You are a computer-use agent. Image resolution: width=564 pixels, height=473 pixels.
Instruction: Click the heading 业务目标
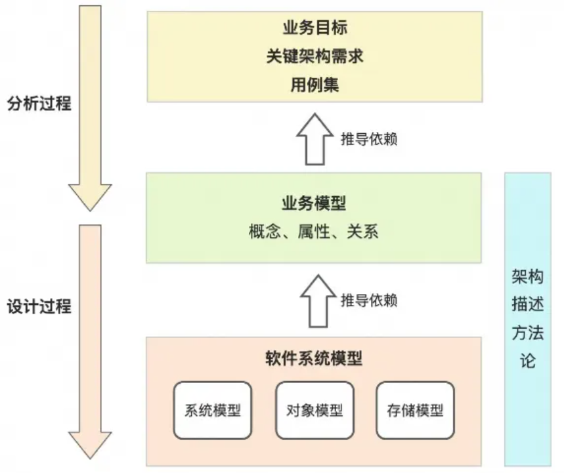tap(315, 28)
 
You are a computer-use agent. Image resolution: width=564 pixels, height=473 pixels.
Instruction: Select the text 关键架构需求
tap(315, 56)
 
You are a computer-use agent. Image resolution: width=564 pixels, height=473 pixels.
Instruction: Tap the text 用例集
tap(315, 85)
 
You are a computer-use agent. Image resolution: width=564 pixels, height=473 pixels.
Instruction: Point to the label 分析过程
tap(39, 104)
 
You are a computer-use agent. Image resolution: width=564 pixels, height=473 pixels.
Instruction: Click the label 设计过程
tap(39, 306)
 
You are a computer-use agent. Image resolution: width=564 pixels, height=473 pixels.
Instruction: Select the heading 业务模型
tap(314, 203)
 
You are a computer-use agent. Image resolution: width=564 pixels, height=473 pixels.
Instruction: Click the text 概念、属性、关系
tap(314, 231)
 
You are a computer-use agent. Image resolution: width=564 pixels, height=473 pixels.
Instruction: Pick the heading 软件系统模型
tap(314, 358)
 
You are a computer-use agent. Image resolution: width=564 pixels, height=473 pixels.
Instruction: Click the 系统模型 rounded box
tap(213, 411)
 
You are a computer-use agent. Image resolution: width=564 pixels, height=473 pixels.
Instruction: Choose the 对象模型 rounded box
tap(315, 411)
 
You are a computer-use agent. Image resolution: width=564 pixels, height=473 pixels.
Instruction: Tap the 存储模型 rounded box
tap(416, 411)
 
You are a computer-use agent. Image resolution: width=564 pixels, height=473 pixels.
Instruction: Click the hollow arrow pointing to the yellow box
tap(315, 140)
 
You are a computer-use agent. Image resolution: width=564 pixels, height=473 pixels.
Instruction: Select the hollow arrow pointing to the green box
tap(318, 301)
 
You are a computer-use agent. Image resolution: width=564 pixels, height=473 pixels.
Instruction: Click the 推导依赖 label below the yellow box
tap(369, 139)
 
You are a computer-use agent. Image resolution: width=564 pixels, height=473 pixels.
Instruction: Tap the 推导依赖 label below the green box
tap(369, 300)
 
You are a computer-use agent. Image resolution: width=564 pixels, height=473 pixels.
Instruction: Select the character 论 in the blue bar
tap(528, 361)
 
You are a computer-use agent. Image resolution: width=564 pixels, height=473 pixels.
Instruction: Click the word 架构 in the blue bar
tap(528, 277)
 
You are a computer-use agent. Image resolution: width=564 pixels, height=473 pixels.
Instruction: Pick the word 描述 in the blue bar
tap(528, 305)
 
